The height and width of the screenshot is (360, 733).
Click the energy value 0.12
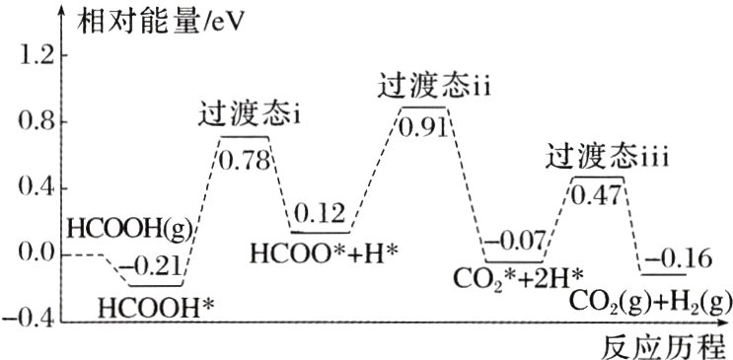pos(320,213)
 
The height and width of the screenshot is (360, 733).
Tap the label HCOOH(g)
pos(130,231)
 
